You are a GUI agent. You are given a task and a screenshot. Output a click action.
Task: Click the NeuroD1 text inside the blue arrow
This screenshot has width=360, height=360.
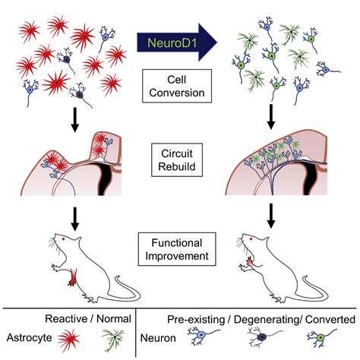[x=172, y=43]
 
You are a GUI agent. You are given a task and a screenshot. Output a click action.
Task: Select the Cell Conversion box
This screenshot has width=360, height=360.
[x=177, y=86]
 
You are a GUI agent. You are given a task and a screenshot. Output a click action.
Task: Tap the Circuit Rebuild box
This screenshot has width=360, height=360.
[x=177, y=159]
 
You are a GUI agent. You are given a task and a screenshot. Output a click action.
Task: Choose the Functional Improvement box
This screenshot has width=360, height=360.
[x=177, y=249]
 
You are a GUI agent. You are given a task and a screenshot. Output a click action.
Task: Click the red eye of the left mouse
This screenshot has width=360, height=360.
[x=63, y=239]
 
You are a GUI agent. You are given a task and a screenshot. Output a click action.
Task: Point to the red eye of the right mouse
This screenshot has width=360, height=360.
[x=251, y=238]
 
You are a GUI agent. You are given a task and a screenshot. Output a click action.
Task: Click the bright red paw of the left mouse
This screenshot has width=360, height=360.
[x=73, y=278]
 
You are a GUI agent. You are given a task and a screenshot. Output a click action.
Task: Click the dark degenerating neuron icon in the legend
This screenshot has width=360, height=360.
[x=262, y=336]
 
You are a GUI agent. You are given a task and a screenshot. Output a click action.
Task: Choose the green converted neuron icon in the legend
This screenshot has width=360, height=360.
[x=321, y=338]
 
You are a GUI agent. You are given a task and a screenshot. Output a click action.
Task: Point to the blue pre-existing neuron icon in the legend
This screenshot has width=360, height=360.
[x=203, y=336]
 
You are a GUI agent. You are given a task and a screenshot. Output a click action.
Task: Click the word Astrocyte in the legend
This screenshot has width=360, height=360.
[x=29, y=337]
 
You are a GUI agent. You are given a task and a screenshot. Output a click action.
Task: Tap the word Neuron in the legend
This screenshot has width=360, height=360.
[x=158, y=338]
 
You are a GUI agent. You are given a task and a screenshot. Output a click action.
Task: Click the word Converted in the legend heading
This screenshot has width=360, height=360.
[x=330, y=320]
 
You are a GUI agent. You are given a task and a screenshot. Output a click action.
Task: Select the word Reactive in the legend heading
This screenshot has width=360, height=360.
[x=66, y=319]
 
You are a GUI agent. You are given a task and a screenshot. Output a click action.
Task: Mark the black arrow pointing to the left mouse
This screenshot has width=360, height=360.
[x=74, y=219]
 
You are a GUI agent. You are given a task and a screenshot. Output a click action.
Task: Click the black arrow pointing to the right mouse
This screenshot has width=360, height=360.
[x=271, y=216]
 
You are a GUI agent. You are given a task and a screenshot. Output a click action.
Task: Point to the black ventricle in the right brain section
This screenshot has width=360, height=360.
[x=309, y=178]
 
